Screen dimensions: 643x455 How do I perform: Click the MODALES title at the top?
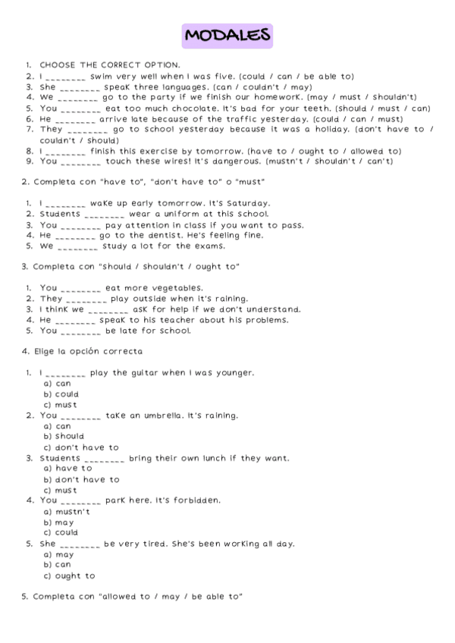pyautogui.click(x=227, y=35)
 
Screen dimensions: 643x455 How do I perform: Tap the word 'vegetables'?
pyautogui.click(x=177, y=288)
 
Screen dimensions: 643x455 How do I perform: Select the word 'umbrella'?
pyautogui.click(x=177, y=416)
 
